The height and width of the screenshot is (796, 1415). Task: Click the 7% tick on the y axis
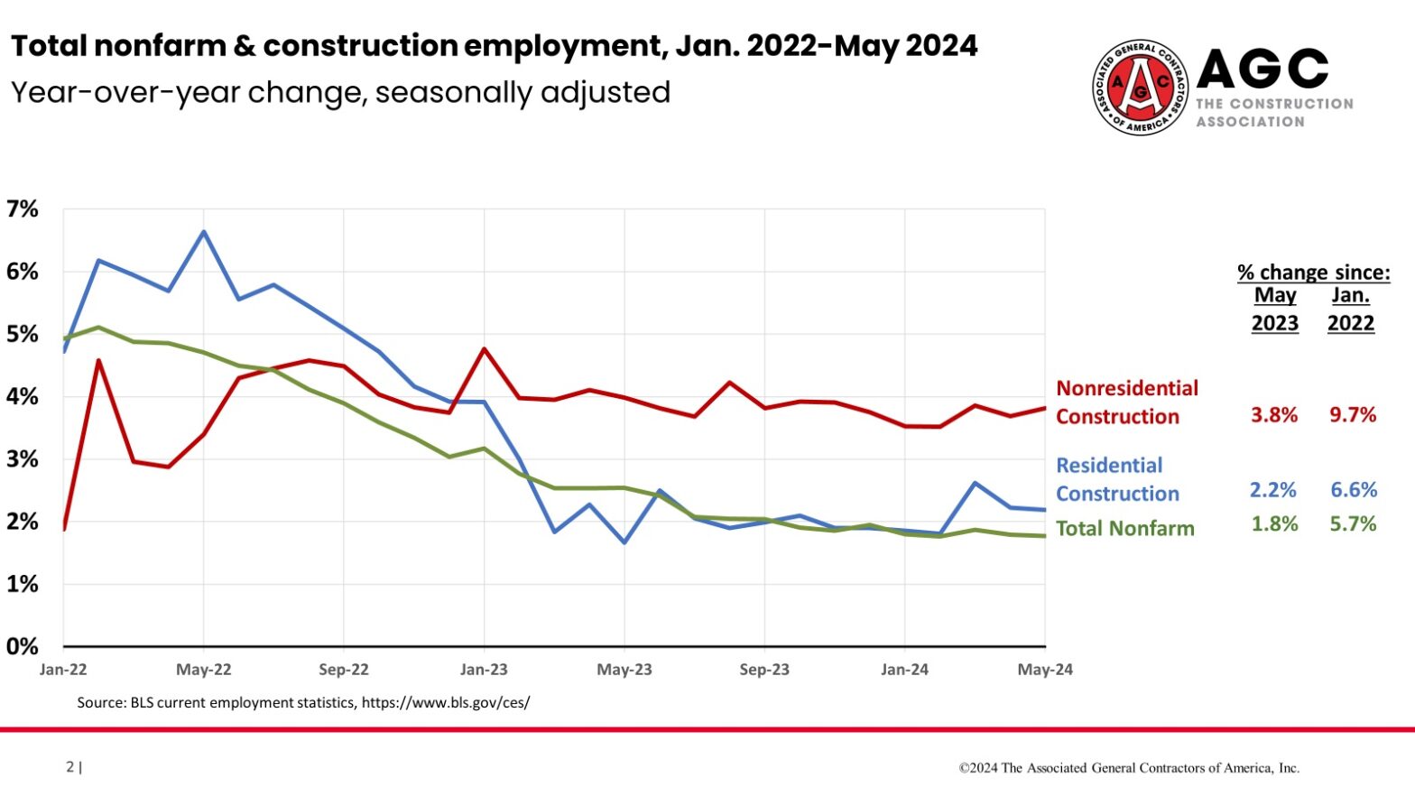point(23,209)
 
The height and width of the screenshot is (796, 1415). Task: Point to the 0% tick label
point(23,646)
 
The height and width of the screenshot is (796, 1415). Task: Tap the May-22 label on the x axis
point(204,670)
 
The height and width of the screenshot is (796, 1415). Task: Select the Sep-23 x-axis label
point(764,670)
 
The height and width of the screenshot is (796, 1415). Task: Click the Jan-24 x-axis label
point(904,670)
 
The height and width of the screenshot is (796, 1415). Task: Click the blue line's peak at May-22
point(204,232)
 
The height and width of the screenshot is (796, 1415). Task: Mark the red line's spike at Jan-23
point(485,348)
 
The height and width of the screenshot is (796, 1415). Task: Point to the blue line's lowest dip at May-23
point(624,542)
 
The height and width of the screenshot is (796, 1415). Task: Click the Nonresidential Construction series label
point(1126,403)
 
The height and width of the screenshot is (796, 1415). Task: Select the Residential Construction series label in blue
point(1117,479)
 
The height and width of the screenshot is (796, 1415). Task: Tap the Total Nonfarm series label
point(1124,529)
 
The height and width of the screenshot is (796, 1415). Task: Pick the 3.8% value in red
point(1273,415)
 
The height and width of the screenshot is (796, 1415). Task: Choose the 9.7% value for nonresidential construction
point(1353,415)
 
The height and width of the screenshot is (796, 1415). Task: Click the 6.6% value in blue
point(1354,490)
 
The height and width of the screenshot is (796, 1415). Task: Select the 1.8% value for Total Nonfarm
point(1274,524)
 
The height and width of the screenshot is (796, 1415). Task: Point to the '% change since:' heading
point(1313,272)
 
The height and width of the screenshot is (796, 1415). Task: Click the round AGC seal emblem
point(1141,88)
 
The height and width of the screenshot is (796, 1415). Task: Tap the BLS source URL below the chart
point(446,702)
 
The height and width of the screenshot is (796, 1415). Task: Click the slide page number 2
point(70,767)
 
